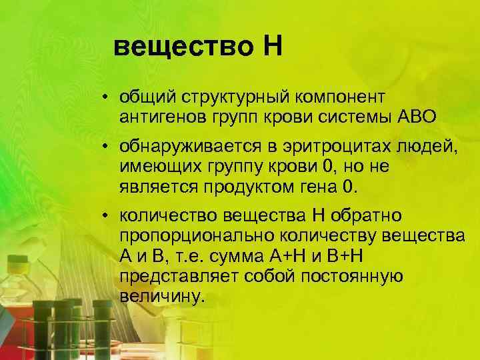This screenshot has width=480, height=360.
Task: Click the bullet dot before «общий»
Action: tap(106, 99)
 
